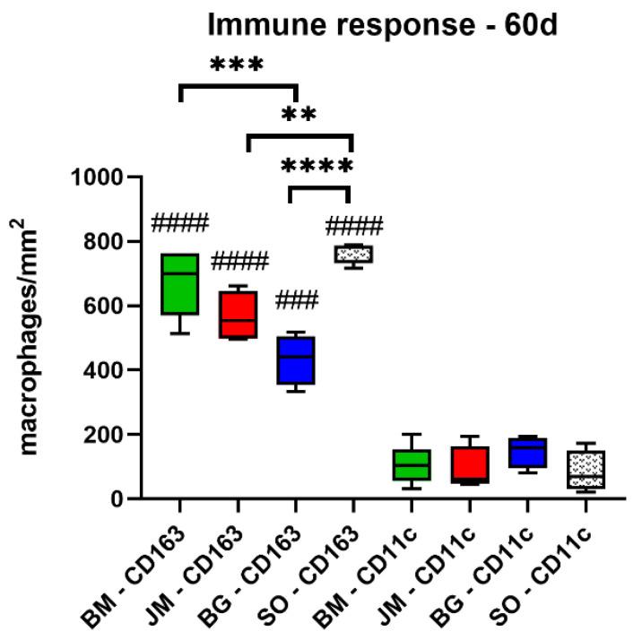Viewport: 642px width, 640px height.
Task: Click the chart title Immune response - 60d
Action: click(383, 24)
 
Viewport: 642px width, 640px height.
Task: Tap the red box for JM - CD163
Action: click(238, 314)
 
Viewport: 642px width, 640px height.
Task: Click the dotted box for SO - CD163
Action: click(352, 255)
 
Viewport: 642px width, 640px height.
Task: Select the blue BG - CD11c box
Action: click(525, 453)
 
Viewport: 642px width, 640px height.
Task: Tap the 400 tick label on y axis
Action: click(109, 370)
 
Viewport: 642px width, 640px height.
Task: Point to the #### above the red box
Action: click(239, 262)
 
